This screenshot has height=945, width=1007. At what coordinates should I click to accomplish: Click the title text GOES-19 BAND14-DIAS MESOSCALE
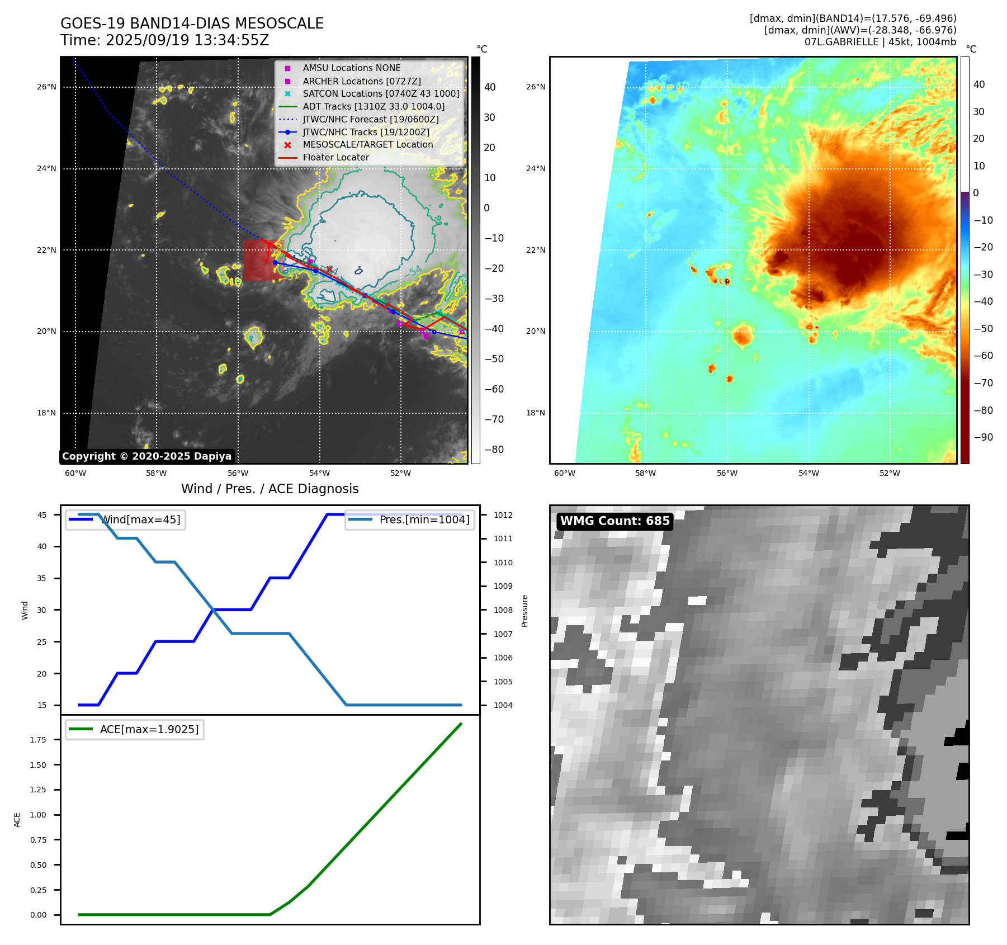tap(192, 23)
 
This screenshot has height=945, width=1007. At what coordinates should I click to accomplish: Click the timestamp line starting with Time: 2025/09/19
tap(165, 40)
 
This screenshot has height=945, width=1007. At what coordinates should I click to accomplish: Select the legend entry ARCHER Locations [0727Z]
tap(362, 81)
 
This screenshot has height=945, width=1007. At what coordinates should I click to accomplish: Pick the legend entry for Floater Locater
tap(335, 158)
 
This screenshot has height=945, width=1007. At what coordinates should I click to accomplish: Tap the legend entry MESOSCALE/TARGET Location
tap(367, 145)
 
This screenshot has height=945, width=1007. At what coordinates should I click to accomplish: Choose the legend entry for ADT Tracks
tap(374, 106)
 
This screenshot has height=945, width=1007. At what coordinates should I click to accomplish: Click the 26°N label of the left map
tap(47, 87)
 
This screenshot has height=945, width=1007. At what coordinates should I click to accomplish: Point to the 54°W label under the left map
tap(319, 474)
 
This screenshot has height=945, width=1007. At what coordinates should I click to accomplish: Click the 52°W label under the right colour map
tap(890, 474)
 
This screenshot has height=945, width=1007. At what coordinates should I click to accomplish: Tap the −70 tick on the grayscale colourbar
tap(494, 419)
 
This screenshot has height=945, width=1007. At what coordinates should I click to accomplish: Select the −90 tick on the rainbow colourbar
tap(983, 437)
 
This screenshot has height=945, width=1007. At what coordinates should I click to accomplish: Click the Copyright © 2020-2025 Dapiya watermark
tap(146, 456)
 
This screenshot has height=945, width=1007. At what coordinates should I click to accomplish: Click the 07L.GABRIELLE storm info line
tap(880, 42)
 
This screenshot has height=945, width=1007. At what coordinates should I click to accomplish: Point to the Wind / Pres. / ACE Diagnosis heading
tap(270, 489)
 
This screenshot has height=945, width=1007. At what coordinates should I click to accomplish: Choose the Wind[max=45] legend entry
tap(140, 519)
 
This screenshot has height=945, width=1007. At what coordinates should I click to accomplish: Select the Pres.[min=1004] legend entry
tap(424, 519)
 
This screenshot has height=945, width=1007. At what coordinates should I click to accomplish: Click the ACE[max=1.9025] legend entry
tap(149, 729)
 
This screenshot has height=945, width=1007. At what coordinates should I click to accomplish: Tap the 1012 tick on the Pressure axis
tap(503, 515)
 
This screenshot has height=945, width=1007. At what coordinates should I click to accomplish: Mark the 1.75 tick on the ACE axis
tap(38, 740)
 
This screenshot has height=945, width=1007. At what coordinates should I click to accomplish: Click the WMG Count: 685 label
tap(614, 521)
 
